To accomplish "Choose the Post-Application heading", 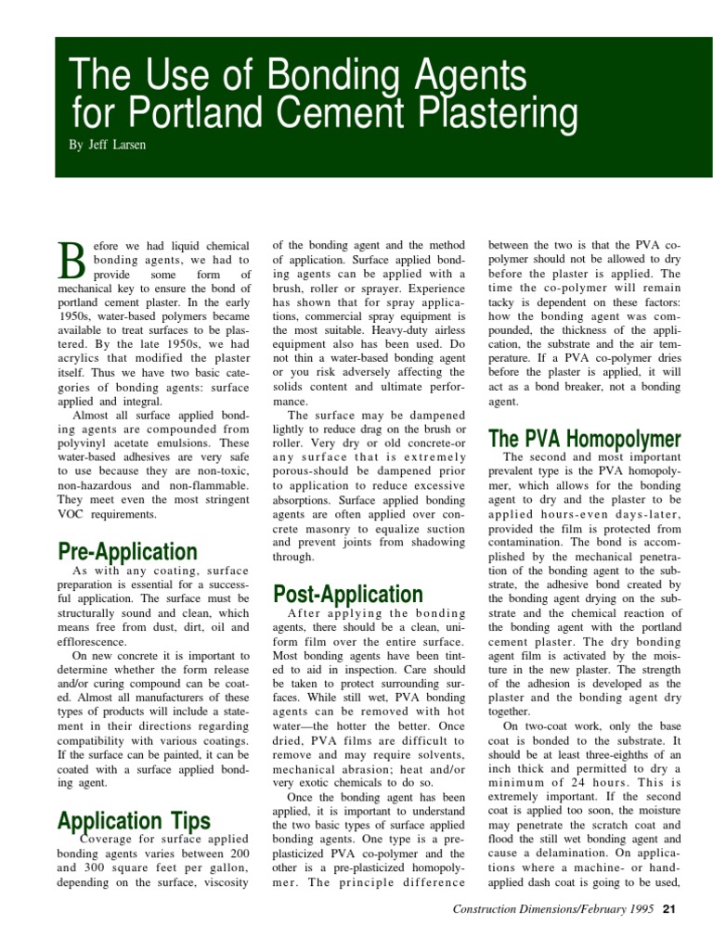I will point(348,594).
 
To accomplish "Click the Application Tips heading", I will point(134,820).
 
